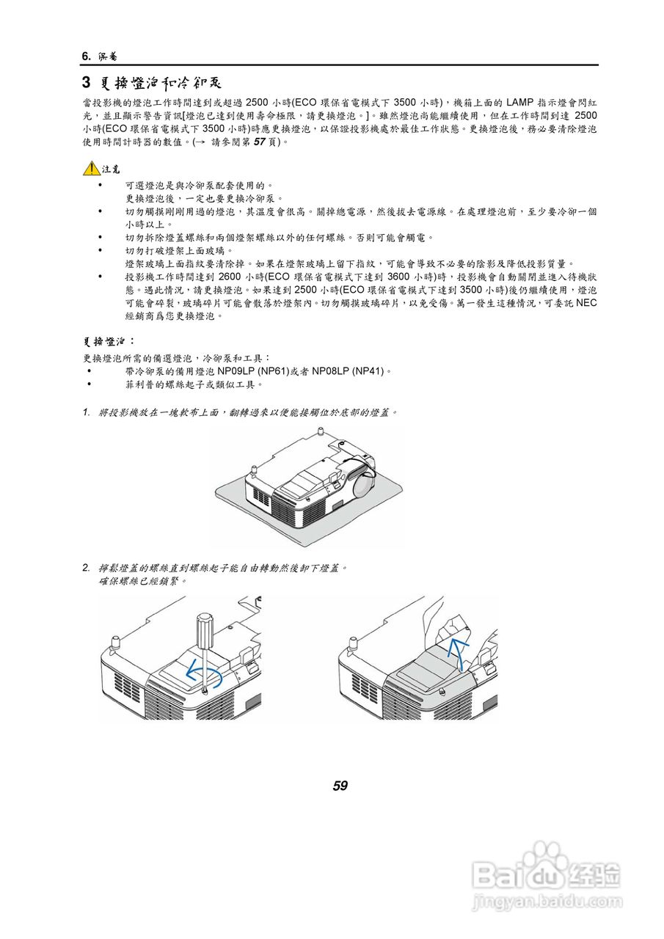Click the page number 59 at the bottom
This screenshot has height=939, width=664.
[x=340, y=786]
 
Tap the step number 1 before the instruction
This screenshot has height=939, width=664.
[x=86, y=412]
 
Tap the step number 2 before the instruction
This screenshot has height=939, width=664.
[x=86, y=568]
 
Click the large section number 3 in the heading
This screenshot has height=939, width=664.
[x=86, y=81]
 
